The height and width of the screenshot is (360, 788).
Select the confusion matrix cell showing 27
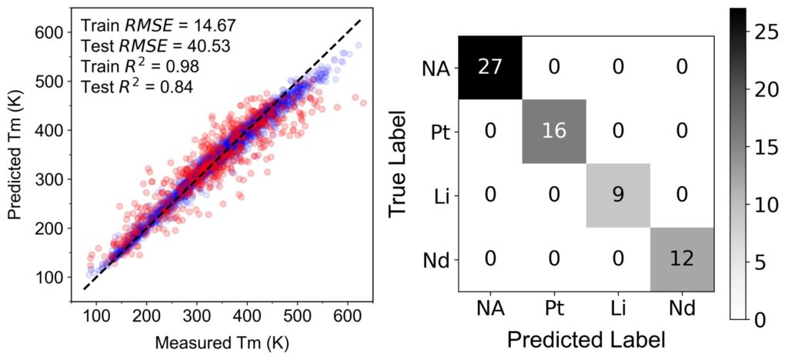pos(490,68)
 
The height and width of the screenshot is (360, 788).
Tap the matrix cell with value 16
pos(554,132)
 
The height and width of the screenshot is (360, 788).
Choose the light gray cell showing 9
pos(618,195)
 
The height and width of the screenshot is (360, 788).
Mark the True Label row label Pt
pos(439,132)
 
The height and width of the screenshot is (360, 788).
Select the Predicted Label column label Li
pos(618,308)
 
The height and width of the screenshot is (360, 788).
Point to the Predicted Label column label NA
pos(490,308)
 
